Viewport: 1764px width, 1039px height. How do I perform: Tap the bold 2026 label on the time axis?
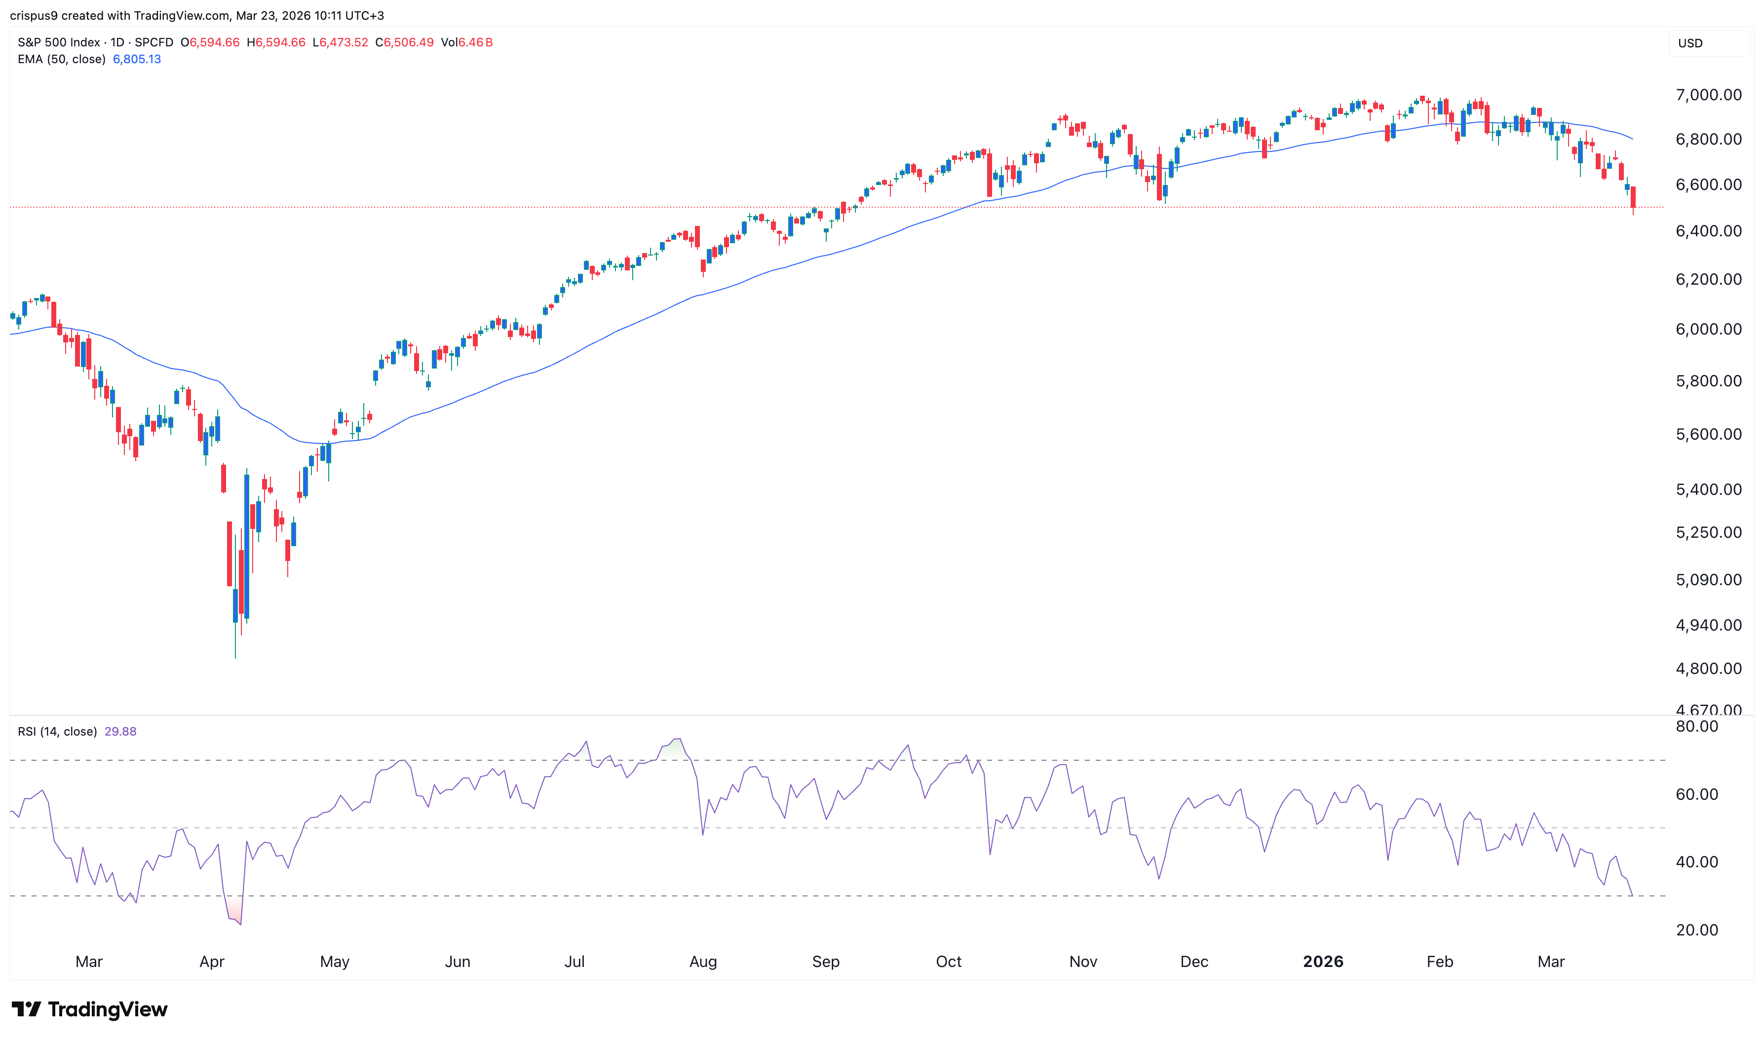1322,961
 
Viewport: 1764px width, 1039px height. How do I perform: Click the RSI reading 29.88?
120,732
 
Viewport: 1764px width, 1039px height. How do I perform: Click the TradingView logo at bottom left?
90,1009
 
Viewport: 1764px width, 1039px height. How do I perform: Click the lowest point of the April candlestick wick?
235,657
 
